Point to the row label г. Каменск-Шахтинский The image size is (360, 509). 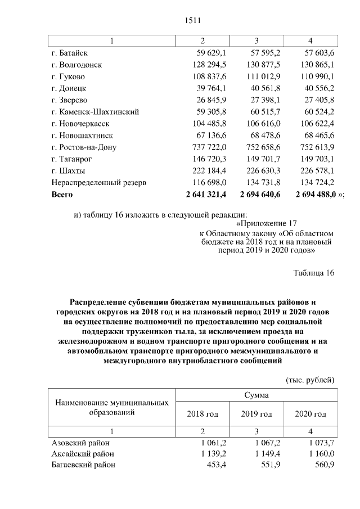point(94,111)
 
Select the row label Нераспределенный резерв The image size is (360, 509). point(99,182)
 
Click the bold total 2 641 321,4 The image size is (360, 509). point(201,194)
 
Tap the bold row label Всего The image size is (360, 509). point(62,194)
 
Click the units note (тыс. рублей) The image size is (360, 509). point(310,380)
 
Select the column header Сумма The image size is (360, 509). point(256,395)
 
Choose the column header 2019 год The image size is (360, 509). point(256,414)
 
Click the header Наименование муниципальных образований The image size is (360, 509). point(112,408)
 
